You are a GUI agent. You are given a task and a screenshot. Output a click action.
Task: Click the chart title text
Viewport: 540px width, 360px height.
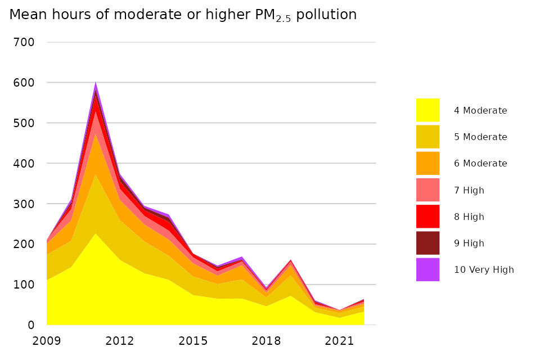(183, 15)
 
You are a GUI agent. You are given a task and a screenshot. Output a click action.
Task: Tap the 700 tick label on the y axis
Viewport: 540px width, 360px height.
(24, 42)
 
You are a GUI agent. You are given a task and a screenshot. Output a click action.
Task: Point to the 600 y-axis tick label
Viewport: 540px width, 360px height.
(24, 83)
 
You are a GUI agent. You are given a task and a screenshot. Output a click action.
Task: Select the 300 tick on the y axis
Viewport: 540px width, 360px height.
(24, 204)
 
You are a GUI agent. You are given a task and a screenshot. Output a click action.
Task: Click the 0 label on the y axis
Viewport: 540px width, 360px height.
(31, 325)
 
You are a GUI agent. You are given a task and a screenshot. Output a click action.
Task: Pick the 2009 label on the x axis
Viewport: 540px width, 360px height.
(47, 341)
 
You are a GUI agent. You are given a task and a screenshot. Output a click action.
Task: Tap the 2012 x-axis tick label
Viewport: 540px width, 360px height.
(119, 341)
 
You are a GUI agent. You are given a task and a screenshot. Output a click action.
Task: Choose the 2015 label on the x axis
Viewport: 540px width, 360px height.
(193, 341)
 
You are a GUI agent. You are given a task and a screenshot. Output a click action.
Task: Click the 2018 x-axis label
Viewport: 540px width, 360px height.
(266, 341)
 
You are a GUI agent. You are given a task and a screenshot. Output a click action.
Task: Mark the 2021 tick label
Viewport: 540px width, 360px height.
(339, 341)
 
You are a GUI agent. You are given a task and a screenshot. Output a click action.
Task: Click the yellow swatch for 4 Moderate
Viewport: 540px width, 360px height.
(427, 110)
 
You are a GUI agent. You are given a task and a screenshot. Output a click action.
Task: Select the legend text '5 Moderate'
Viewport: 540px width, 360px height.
(480, 137)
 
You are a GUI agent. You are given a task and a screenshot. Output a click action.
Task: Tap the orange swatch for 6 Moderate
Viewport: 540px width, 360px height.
(427, 163)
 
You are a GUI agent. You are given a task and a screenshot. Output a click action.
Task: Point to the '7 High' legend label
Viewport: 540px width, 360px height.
(469, 190)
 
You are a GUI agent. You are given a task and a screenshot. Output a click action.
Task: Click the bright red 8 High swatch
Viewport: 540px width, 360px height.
(427, 217)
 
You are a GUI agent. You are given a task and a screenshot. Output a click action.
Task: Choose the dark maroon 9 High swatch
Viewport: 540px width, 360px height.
(427, 243)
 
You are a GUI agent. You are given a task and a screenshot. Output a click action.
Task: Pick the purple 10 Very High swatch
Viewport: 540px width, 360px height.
(427, 269)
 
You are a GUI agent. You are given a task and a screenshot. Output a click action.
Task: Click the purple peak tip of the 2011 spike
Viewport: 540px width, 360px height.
(96, 82)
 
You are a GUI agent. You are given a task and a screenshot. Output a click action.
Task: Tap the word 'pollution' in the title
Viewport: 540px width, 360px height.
(326, 15)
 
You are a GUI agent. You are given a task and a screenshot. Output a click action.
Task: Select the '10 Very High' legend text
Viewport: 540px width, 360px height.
(484, 269)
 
